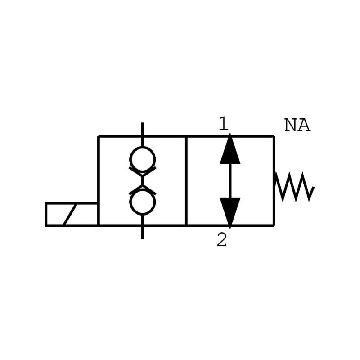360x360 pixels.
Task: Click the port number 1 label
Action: [x=223, y=124]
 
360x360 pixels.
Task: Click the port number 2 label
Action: [x=222, y=240]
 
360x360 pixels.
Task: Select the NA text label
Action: [x=297, y=125]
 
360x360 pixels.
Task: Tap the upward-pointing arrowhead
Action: [x=230, y=150]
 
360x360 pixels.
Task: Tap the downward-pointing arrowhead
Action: [x=230, y=211]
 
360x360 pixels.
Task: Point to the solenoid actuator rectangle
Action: [x=72, y=214]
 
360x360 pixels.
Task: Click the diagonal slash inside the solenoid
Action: [x=70, y=214]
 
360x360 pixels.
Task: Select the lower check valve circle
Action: [x=142, y=202]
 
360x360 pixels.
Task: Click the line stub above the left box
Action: [x=142, y=129]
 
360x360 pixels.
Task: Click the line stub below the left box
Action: [x=142, y=232]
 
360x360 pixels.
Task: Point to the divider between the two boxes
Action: [x=186, y=180]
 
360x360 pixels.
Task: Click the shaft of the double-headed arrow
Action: [x=230, y=180]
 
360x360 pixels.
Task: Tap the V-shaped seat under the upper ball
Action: [x=142, y=172]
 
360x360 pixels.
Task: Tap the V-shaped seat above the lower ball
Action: [x=142, y=189]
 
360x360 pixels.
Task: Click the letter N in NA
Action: [x=291, y=125]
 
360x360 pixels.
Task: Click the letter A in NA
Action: [x=304, y=125]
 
